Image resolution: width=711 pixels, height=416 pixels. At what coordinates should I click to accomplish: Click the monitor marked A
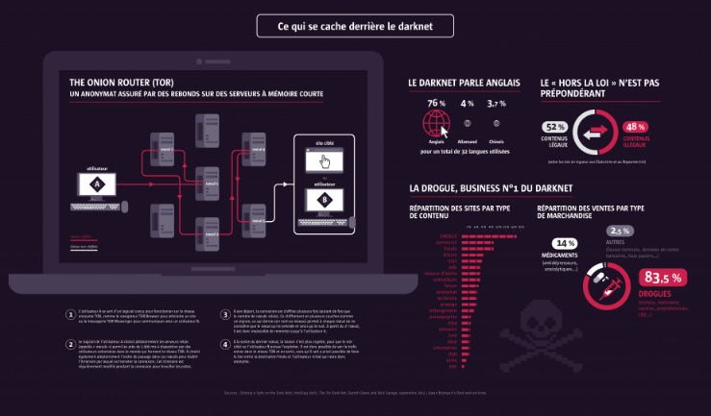click(x=95, y=186)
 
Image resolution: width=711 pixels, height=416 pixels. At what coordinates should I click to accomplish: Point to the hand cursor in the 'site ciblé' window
click(x=325, y=160)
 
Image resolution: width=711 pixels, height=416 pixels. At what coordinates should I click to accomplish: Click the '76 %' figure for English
click(x=436, y=103)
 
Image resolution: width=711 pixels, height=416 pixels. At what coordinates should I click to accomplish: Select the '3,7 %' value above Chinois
click(x=495, y=103)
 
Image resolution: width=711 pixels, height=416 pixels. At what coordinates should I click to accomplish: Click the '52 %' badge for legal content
click(x=555, y=127)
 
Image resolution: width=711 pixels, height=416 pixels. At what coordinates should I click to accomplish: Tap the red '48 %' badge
click(x=635, y=127)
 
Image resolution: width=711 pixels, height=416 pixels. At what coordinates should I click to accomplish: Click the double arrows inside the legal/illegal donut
click(x=595, y=131)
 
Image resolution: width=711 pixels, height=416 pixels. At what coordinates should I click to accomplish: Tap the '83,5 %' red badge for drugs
click(x=660, y=278)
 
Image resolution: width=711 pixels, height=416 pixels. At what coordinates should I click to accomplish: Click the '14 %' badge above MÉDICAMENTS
click(x=564, y=243)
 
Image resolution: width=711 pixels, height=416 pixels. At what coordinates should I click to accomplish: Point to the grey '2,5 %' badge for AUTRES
click(x=619, y=231)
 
